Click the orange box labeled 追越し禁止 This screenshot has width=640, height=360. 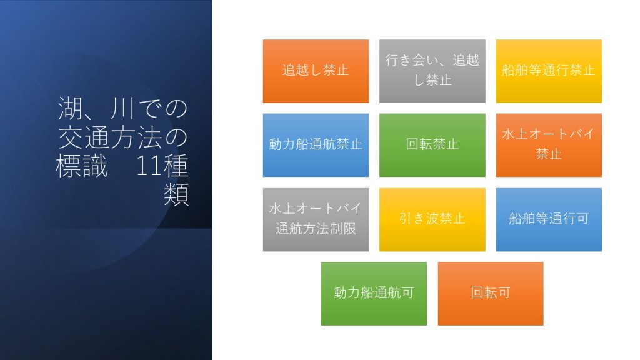click(x=316, y=71)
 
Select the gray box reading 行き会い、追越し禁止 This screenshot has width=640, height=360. click(x=432, y=71)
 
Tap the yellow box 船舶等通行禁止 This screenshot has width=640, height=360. click(x=549, y=71)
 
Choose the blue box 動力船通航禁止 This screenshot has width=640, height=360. click(x=316, y=145)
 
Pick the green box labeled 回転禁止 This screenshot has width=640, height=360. click(x=432, y=145)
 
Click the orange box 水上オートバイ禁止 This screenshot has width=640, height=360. click(x=549, y=145)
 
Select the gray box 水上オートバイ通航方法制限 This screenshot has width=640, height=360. click(x=316, y=219)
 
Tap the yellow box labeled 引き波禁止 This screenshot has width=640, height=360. click(x=432, y=219)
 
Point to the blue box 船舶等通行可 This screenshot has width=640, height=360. click(x=549, y=219)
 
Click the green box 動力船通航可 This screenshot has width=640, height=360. click(x=374, y=294)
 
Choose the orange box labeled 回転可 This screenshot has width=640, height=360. click(x=491, y=294)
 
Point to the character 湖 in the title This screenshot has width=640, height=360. click(x=70, y=108)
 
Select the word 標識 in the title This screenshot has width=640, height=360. click(x=82, y=166)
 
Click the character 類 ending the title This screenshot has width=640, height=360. click(x=176, y=194)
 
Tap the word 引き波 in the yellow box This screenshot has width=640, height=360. click(x=419, y=219)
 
